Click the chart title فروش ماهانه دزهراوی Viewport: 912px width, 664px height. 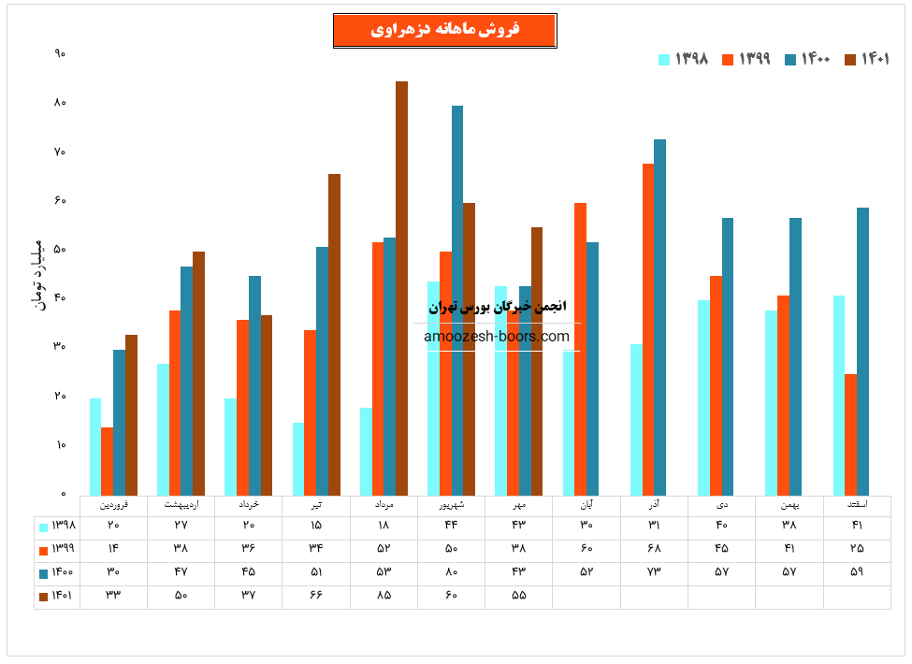pyautogui.click(x=445, y=30)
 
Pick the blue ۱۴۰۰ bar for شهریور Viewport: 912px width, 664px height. pyautogui.click(x=457, y=300)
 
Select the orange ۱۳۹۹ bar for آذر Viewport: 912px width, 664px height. pyautogui.click(x=648, y=329)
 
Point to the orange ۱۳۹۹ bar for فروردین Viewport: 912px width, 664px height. pyautogui.click(x=108, y=461)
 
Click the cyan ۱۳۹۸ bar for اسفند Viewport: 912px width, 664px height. pyautogui.click(x=839, y=395)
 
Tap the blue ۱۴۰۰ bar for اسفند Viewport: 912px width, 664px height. pyautogui.click(x=862, y=351)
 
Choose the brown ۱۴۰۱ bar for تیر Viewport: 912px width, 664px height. pyautogui.click(x=334, y=334)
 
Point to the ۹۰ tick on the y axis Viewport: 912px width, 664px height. pyautogui.click(x=60, y=54)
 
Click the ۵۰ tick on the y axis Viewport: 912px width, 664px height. pyautogui.click(x=60, y=250)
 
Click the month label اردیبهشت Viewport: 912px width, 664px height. pyautogui.click(x=181, y=504)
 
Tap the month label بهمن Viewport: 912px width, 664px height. pyautogui.click(x=789, y=504)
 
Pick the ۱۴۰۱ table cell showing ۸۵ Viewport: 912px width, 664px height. pyautogui.click(x=384, y=595)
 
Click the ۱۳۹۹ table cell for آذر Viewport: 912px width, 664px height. pyautogui.click(x=654, y=548)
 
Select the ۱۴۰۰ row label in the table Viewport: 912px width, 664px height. pyautogui.click(x=57, y=571)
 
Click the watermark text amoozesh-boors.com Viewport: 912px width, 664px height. pyautogui.click(x=497, y=337)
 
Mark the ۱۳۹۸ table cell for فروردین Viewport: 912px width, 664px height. pyautogui.click(x=113, y=525)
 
